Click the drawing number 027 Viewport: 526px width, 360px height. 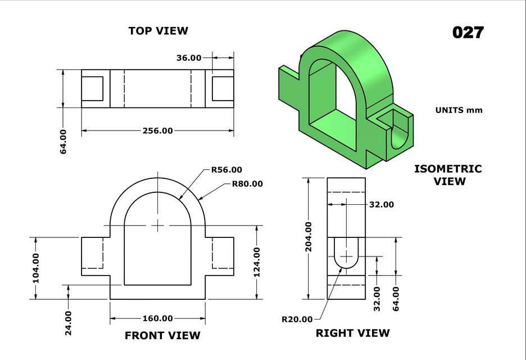click(x=468, y=33)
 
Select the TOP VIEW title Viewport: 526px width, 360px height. click(x=158, y=31)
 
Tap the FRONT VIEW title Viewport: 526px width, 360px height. click(x=162, y=336)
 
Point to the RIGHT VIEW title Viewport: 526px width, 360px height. click(x=352, y=333)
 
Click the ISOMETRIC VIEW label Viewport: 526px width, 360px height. click(x=448, y=175)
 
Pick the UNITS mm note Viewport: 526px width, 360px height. click(x=459, y=110)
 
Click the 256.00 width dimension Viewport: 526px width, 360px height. click(x=157, y=130)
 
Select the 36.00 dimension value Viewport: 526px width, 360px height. click(x=189, y=57)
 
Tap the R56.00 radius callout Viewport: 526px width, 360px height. click(x=226, y=169)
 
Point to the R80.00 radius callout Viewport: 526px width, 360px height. click(x=247, y=183)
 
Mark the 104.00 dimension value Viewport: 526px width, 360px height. click(x=35, y=268)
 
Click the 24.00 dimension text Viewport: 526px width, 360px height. click(x=68, y=323)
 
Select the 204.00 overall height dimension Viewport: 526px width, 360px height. click(x=307, y=238)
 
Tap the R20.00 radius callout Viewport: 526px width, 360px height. click(x=297, y=319)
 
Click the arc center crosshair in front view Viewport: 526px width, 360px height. click(x=158, y=226)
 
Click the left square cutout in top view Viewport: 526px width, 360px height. click(x=92, y=88)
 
